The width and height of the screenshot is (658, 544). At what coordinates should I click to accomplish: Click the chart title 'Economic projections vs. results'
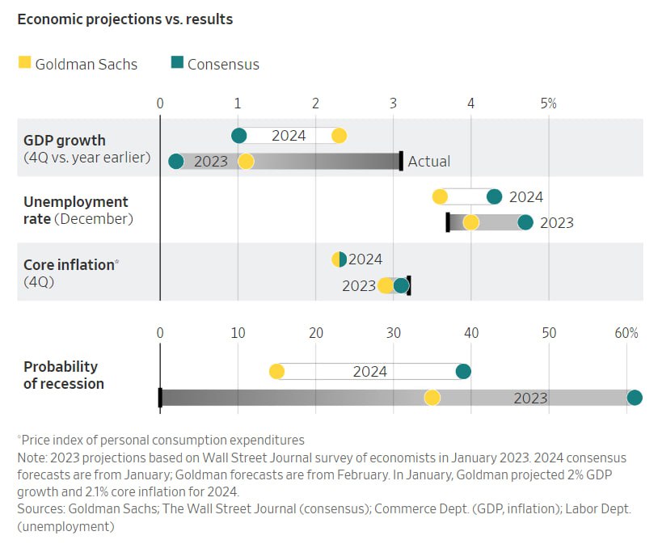tap(124, 19)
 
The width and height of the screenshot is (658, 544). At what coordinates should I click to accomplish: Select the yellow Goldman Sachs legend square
tap(25, 62)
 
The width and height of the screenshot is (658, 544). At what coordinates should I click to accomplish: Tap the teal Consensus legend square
tap(177, 62)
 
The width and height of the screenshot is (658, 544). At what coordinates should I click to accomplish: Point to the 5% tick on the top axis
tap(549, 103)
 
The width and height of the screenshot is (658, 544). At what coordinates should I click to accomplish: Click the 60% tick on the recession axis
tap(626, 332)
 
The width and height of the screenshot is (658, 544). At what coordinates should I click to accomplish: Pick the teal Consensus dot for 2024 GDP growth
tap(238, 136)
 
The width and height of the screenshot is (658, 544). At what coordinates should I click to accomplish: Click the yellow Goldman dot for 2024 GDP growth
tap(339, 136)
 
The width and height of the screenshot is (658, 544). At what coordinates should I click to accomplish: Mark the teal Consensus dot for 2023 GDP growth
tap(176, 162)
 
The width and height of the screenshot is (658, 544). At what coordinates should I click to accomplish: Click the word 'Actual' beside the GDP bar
tap(428, 162)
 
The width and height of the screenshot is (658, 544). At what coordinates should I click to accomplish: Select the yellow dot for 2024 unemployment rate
tap(440, 196)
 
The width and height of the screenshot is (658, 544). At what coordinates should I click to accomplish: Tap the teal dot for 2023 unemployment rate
tap(525, 222)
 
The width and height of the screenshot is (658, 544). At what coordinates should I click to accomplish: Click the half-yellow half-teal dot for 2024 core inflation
tap(340, 259)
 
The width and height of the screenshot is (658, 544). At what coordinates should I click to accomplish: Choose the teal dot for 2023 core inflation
tap(401, 285)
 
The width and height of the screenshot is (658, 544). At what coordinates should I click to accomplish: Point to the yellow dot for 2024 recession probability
tap(276, 372)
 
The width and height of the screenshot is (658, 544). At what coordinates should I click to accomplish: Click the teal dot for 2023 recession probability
tap(635, 398)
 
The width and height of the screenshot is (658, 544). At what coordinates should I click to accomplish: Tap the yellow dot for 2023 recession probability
tap(432, 398)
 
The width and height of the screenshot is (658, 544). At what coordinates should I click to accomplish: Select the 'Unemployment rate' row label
tap(76, 209)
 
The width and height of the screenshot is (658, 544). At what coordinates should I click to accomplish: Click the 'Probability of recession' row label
tap(64, 375)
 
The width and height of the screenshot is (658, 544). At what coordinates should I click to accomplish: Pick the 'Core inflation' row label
tap(69, 264)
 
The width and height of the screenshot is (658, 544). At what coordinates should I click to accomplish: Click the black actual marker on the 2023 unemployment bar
tap(448, 222)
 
